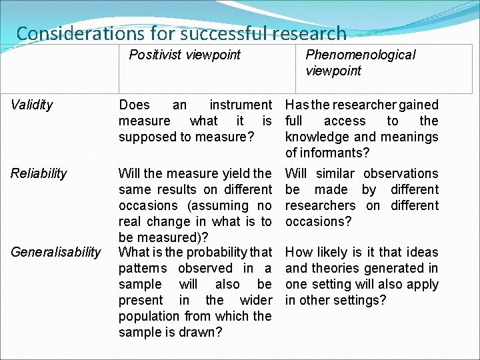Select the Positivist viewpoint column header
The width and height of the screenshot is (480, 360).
coord(185,55)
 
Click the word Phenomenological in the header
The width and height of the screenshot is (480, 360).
coord(360,55)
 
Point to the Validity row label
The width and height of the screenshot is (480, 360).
coord(32,105)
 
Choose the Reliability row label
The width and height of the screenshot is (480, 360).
coord(39,173)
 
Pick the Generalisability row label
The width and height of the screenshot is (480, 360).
coord(55,252)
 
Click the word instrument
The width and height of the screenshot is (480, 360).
coord(241,105)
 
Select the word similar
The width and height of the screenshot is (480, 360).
coord(335,173)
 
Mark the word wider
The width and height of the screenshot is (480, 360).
coord(256,300)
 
